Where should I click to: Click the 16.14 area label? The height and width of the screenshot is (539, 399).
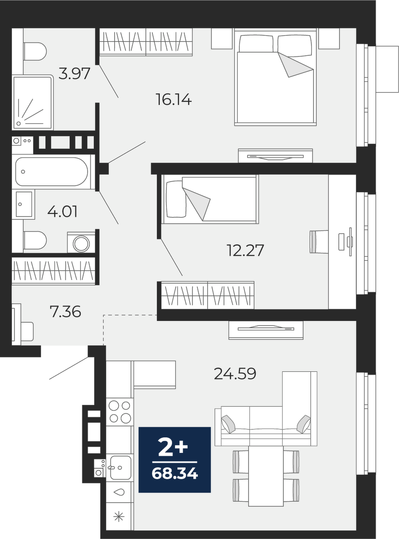[x=174, y=100]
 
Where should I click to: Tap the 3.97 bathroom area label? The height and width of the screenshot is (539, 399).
[x=75, y=74]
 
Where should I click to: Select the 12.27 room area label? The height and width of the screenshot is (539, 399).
[x=245, y=250]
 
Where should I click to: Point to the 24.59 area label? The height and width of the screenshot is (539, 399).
[x=235, y=374]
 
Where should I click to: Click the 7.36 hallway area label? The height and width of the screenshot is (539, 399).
[x=65, y=312]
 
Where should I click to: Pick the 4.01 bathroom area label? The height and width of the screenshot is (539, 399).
[x=62, y=212]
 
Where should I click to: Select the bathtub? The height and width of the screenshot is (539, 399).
[x=52, y=172]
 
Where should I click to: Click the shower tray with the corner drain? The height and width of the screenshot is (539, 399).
[x=32, y=102]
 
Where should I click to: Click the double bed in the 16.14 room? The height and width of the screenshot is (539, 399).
[x=275, y=77]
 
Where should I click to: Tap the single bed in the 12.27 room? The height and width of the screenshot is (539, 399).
[x=210, y=200]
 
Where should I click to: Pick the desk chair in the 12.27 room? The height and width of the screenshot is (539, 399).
[x=319, y=242]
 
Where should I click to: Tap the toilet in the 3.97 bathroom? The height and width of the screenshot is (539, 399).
[x=35, y=52]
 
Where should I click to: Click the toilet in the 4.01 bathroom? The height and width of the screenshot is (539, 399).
[x=35, y=240]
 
